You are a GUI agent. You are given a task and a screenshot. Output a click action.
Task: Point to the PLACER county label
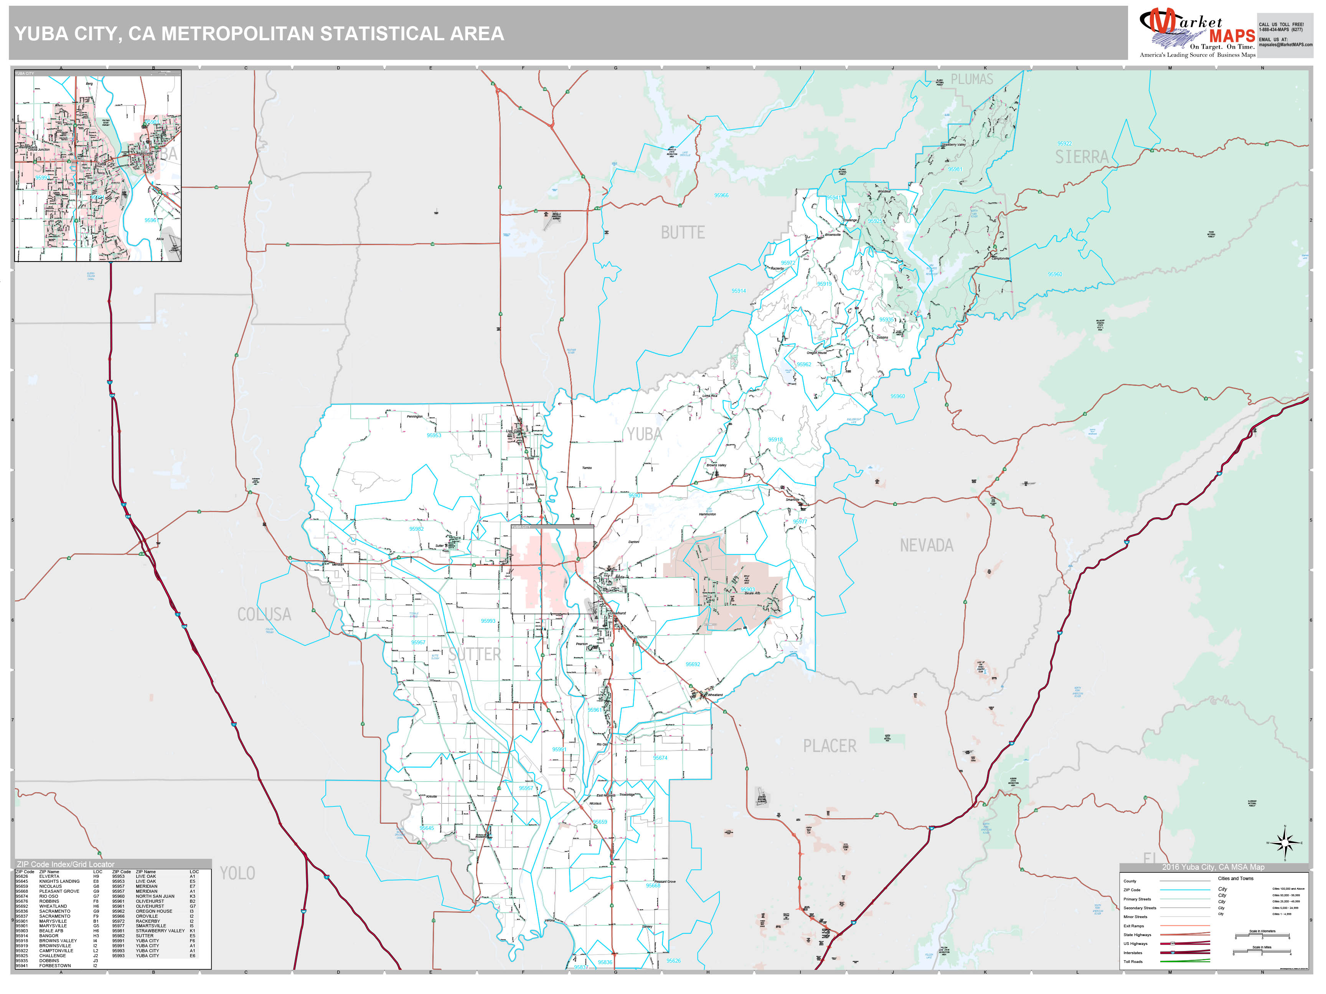pyautogui.click(x=830, y=746)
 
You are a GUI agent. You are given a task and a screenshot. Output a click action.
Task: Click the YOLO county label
pyautogui.click(x=237, y=873)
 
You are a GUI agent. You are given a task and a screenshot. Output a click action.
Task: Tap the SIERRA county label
pyautogui.click(x=1082, y=157)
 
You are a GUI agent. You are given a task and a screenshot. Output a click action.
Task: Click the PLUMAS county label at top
pyautogui.click(x=972, y=79)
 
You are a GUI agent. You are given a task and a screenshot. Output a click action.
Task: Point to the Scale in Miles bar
pyautogui.click(x=1262, y=953)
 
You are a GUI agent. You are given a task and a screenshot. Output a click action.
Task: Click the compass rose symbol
pyautogui.click(x=1284, y=843)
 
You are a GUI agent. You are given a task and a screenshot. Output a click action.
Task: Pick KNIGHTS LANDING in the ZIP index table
pyautogui.click(x=59, y=881)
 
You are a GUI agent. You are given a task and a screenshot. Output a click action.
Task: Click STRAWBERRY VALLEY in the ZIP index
pyautogui.click(x=160, y=930)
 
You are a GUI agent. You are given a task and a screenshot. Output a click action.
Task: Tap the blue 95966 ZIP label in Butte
pyautogui.click(x=721, y=195)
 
